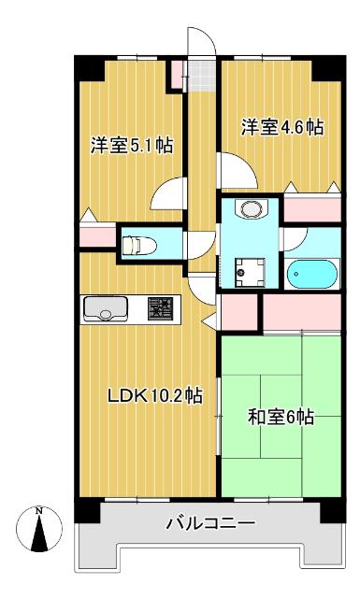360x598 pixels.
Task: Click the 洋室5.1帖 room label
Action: click(132, 146)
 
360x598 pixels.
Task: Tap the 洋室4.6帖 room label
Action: click(282, 127)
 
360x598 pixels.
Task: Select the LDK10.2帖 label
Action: click(155, 395)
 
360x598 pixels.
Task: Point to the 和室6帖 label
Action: click(281, 417)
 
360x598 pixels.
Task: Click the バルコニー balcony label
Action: click(210, 523)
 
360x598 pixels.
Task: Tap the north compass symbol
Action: click(39, 529)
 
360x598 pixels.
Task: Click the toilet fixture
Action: click(139, 245)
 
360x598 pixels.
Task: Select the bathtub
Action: click(312, 274)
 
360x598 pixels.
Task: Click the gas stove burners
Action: click(160, 308)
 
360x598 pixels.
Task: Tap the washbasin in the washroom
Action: click(252, 208)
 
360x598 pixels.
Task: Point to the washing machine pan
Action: click(250, 272)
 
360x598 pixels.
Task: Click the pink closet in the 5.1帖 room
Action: click(98, 236)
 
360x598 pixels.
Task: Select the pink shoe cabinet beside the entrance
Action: click(177, 75)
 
